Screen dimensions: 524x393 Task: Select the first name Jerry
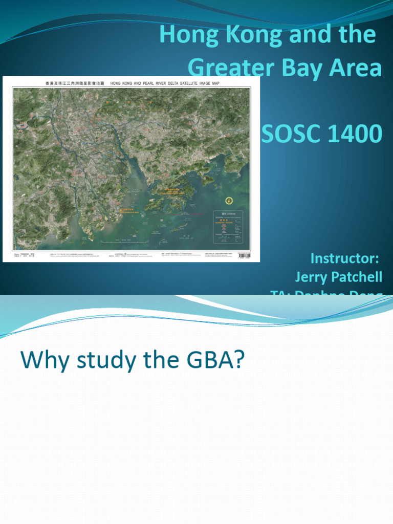click(312, 277)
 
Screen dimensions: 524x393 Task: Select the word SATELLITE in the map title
click(196, 82)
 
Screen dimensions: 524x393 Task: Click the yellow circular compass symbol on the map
click(228, 201)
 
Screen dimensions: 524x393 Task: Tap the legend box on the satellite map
click(230, 226)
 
